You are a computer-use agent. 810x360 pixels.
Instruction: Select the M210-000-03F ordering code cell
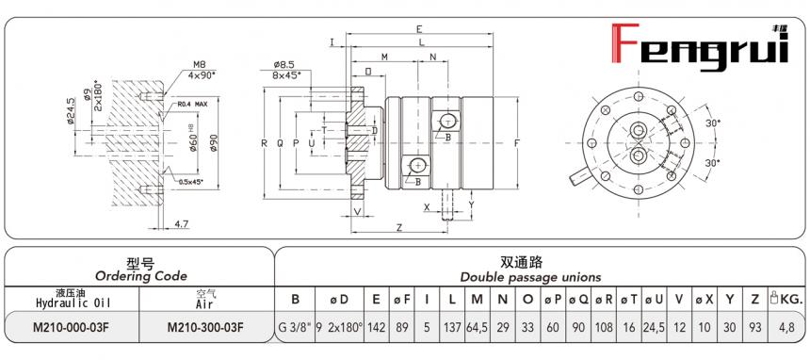click(x=73, y=327)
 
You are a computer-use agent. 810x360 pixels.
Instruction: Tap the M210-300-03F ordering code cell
click(x=205, y=327)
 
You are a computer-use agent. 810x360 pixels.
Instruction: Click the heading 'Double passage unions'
click(x=530, y=277)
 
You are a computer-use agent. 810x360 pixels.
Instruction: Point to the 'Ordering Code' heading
click(x=139, y=276)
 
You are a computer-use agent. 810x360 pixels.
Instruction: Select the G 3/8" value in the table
click(x=295, y=327)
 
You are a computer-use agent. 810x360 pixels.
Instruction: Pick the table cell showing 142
click(x=376, y=327)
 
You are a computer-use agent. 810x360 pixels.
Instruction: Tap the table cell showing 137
click(x=453, y=327)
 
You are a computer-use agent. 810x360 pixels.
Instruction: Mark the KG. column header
click(x=786, y=300)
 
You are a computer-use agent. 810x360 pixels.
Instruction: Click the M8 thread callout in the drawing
click(x=199, y=63)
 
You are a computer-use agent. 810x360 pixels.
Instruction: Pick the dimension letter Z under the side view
click(x=400, y=228)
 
